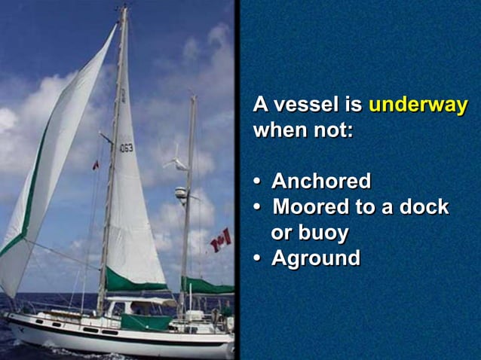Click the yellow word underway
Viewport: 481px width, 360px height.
418,105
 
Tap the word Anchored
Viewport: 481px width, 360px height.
321,182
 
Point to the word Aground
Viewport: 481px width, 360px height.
315,258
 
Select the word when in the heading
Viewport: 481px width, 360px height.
277,130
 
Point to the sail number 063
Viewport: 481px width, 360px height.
126,148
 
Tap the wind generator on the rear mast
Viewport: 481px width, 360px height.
176,162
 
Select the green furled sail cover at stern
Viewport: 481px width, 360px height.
207,285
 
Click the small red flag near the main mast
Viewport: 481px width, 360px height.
95,165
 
